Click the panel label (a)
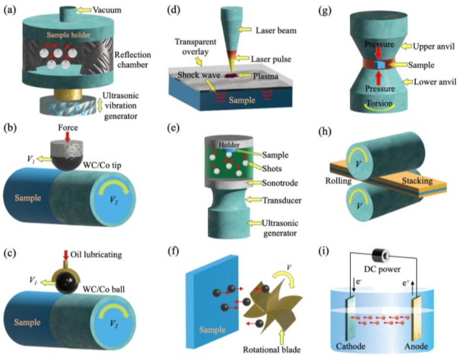(11, 11)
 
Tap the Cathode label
(351, 347)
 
